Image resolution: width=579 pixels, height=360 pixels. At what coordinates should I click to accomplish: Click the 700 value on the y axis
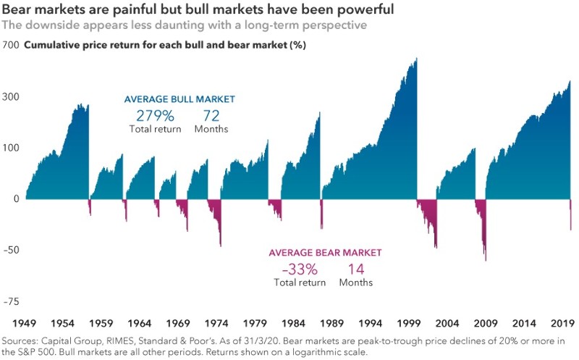[x=10, y=45]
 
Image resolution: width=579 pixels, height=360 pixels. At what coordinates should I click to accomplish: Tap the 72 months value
[x=210, y=115]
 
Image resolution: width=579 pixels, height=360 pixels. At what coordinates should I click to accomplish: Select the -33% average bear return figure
[x=299, y=269]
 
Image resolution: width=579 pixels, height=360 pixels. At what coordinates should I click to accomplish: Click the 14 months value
[x=355, y=269]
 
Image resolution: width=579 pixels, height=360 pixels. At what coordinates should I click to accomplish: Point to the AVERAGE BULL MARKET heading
[x=179, y=99]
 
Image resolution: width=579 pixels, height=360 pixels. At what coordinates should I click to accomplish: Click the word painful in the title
[x=120, y=10]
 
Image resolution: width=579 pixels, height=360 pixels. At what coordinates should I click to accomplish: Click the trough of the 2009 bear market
[x=485, y=260]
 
